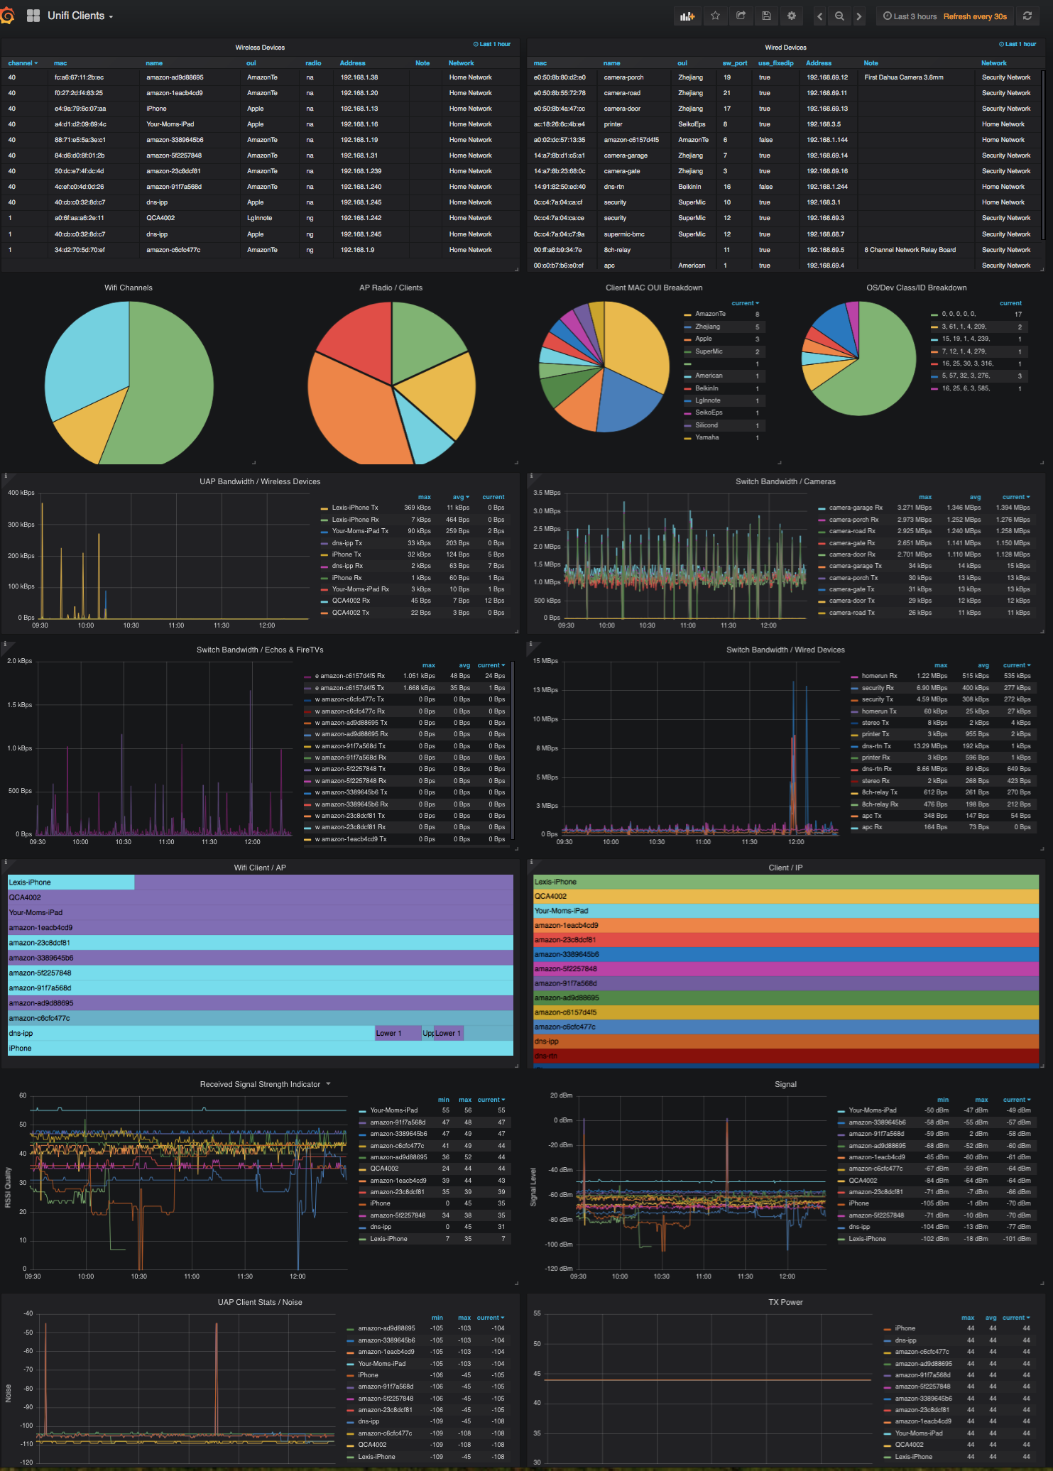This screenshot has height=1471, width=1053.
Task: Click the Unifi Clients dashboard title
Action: tap(76, 16)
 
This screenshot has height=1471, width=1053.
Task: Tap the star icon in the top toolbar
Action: tap(715, 16)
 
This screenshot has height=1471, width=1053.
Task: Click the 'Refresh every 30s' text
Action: tap(975, 16)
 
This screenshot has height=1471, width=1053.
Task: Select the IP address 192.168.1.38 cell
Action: tap(359, 77)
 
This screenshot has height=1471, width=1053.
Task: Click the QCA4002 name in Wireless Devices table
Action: tap(160, 218)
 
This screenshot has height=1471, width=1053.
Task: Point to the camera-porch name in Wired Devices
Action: tap(623, 77)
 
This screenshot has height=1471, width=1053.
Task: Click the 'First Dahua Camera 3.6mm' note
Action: tap(904, 77)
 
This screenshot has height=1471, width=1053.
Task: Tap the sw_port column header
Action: tap(735, 63)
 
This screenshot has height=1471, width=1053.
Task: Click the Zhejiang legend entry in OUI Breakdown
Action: tap(707, 327)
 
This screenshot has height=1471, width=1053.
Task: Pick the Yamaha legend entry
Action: tap(706, 437)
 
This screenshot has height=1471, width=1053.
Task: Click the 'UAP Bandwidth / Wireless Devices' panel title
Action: tap(260, 481)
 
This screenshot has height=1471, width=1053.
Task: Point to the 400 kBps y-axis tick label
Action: tap(21, 493)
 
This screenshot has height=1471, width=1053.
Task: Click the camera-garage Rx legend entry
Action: tap(855, 508)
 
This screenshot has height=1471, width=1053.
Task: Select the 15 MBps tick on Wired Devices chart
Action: tap(545, 661)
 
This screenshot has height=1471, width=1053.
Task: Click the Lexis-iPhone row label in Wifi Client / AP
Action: tap(30, 882)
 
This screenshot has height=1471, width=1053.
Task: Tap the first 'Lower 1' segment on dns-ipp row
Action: tap(388, 1033)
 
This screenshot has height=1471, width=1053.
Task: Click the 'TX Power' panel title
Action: tap(785, 1302)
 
